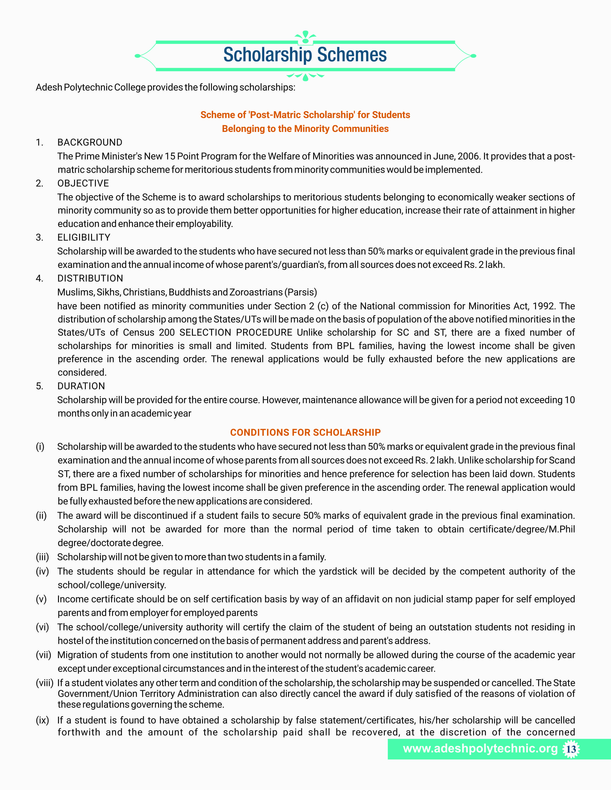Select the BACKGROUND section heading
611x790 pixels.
(x=90, y=142)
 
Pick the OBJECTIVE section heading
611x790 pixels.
(x=83, y=183)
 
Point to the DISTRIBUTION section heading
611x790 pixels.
(x=90, y=278)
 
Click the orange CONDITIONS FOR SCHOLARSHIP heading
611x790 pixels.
(x=305, y=432)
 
